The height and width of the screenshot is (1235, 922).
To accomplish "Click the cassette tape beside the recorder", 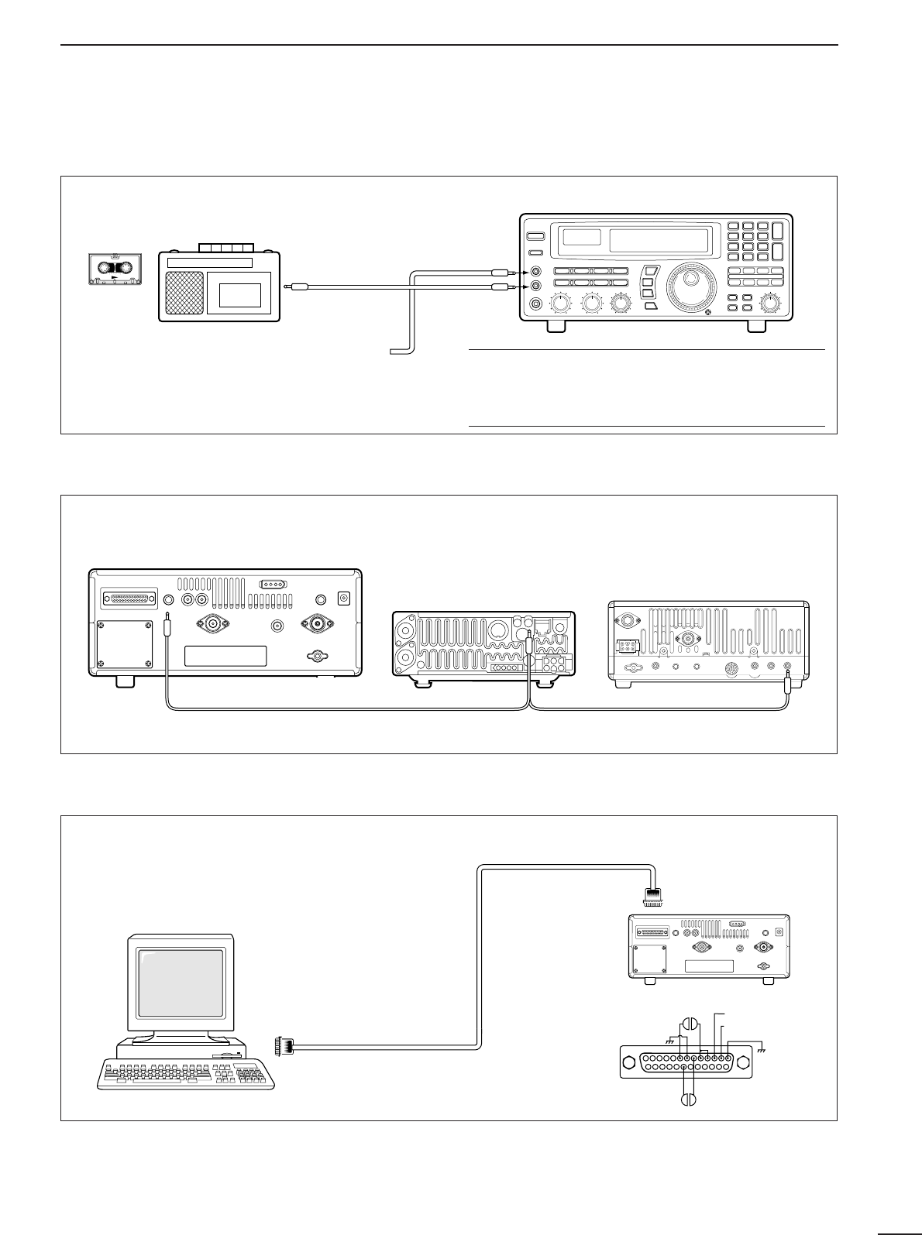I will click(x=114, y=271).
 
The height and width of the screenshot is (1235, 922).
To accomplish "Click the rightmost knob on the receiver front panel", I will click(x=769, y=304).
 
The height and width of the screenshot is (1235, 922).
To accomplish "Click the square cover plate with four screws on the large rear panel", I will click(x=125, y=645).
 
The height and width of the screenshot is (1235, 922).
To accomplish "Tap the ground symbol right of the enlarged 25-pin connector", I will click(x=762, y=1050).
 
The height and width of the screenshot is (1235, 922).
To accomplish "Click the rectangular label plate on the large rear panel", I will click(x=225, y=656).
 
